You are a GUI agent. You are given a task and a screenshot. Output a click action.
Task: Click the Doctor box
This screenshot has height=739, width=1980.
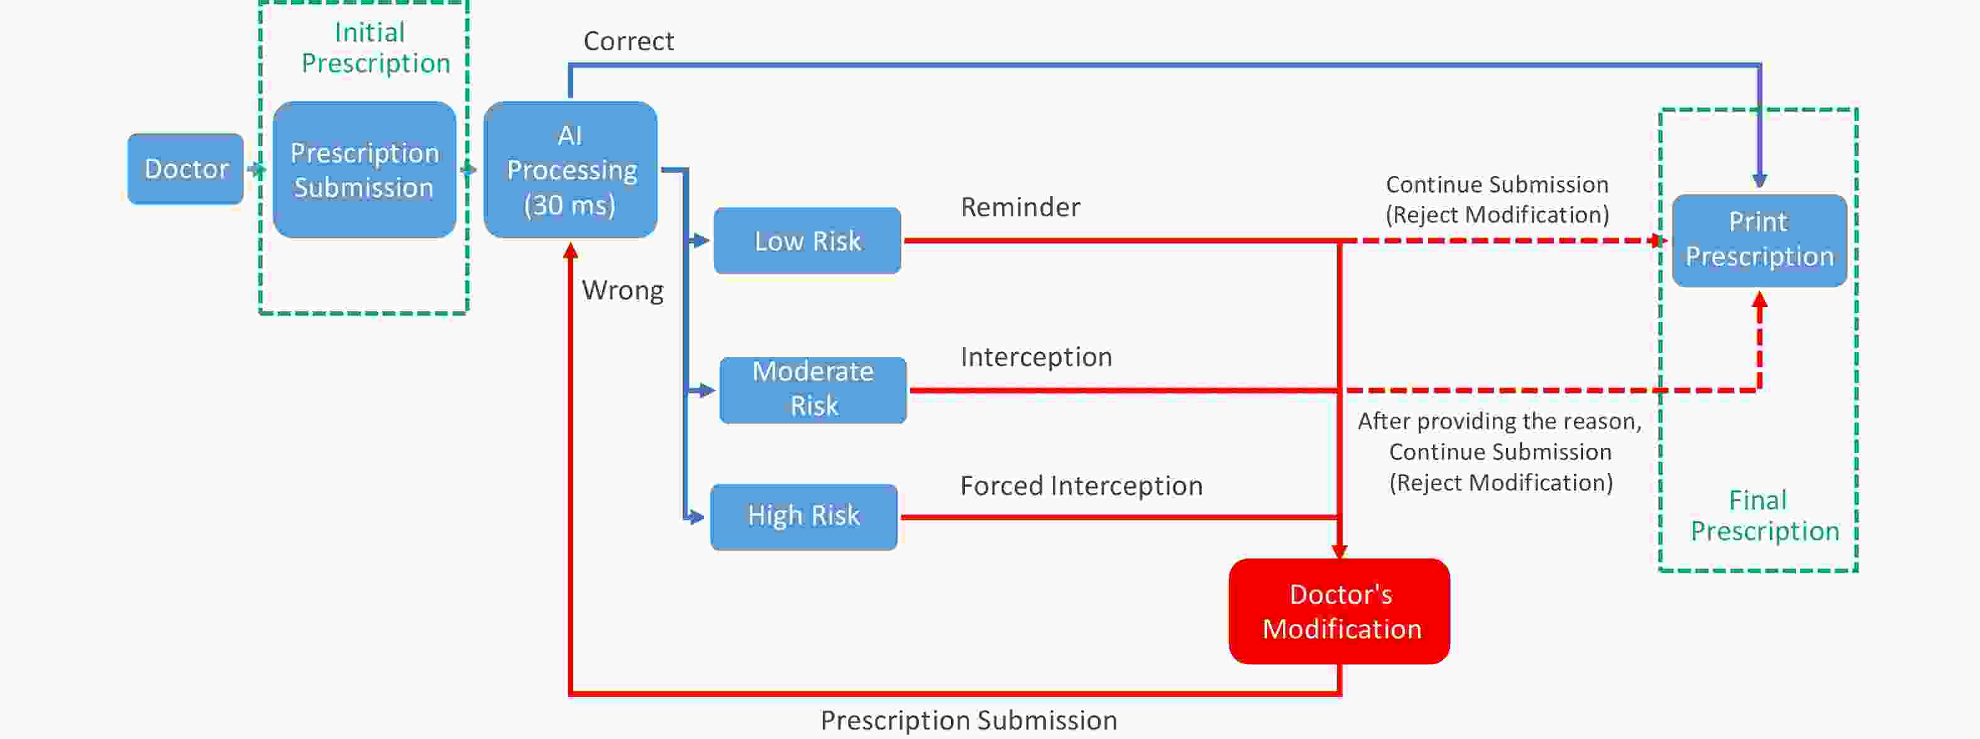(186, 169)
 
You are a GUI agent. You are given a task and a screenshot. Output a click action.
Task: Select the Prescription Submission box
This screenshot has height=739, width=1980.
(365, 169)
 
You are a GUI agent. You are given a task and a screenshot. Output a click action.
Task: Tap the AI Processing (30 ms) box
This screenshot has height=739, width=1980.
(570, 169)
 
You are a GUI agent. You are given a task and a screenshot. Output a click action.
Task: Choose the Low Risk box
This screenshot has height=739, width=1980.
(807, 241)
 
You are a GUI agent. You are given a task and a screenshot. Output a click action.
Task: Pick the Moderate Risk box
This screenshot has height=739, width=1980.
(813, 390)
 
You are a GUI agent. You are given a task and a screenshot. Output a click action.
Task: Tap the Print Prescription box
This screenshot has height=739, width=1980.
(1759, 240)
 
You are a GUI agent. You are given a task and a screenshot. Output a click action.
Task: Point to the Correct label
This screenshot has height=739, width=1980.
(629, 41)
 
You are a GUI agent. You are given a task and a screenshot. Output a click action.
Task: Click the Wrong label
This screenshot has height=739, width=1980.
(622, 291)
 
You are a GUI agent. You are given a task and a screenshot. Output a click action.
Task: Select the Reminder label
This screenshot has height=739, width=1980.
(1021, 207)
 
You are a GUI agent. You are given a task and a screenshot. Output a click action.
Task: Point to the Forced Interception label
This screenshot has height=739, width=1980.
(1082, 486)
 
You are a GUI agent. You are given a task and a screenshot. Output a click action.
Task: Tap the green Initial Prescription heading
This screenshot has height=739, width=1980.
(375, 48)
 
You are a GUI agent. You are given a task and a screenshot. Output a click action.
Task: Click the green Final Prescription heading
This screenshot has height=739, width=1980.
(1764, 515)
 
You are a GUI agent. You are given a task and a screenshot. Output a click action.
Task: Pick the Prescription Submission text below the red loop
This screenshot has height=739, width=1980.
(969, 721)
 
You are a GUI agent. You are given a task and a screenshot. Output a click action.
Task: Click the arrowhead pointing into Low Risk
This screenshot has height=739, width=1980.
(701, 241)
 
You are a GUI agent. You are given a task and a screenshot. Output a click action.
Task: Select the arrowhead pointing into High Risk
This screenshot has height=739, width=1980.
(696, 517)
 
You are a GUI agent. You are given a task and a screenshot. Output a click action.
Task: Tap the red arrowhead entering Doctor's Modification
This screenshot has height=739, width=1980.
(1339, 552)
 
